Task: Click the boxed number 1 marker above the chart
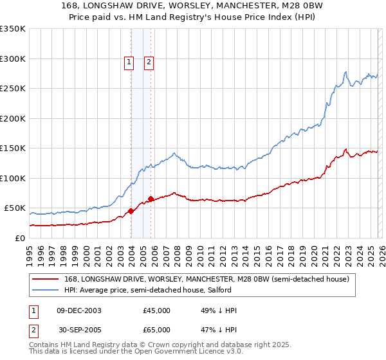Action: (129, 62)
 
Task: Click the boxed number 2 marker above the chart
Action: (149, 62)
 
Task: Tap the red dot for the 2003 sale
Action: (131, 211)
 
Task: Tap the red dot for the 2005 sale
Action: (151, 199)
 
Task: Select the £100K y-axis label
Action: (12, 178)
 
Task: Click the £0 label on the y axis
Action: (19, 238)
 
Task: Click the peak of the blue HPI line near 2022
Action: (346, 72)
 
